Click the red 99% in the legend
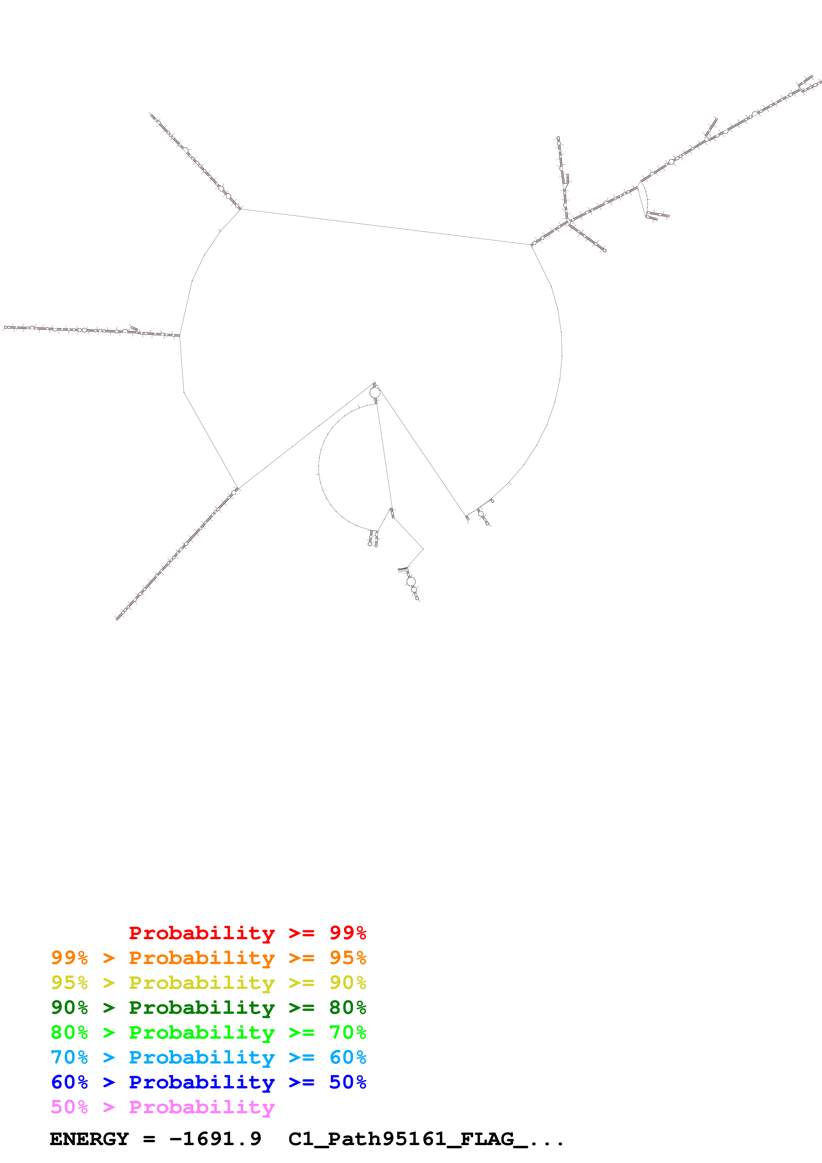pyautogui.click(x=348, y=933)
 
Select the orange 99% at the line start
pyautogui.click(x=69, y=958)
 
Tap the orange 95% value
pyautogui.click(x=348, y=958)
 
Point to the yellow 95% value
pyautogui.click(x=69, y=983)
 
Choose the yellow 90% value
pyautogui.click(x=348, y=983)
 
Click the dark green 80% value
pyautogui.click(x=348, y=1008)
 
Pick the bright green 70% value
pyautogui.click(x=348, y=1032)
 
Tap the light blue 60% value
pyautogui.click(x=348, y=1057)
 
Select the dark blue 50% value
pyautogui.click(x=348, y=1082)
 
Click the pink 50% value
pyautogui.click(x=69, y=1107)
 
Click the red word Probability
pyautogui.click(x=202, y=933)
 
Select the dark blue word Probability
pyautogui.click(x=202, y=1082)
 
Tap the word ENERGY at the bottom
pyautogui.click(x=89, y=1139)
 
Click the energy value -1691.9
pyautogui.click(x=215, y=1139)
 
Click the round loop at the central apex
pyautogui.click(x=375, y=393)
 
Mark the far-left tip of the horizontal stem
pyautogui.click(x=5, y=328)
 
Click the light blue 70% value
pyautogui.click(x=69, y=1057)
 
